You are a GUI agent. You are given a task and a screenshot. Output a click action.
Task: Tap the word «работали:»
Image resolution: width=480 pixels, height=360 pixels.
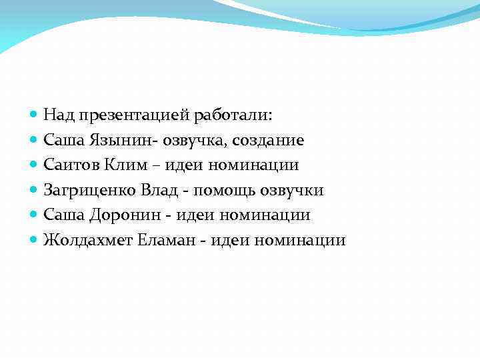pyautogui.click(x=233, y=115)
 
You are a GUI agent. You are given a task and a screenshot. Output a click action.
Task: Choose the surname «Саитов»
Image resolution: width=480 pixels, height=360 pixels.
pyautogui.click(x=67, y=165)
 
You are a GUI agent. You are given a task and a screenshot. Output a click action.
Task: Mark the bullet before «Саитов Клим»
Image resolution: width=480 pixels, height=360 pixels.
pyautogui.click(x=35, y=165)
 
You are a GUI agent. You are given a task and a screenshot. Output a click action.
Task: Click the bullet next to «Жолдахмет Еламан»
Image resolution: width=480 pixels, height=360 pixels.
pyautogui.click(x=35, y=240)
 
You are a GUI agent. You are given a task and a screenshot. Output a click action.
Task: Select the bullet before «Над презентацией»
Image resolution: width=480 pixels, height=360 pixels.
pyautogui.click(x=35, y=115)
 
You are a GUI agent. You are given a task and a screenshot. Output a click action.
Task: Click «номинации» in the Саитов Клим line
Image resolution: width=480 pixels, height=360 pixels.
pyautogui.click(x=260, y=165)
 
